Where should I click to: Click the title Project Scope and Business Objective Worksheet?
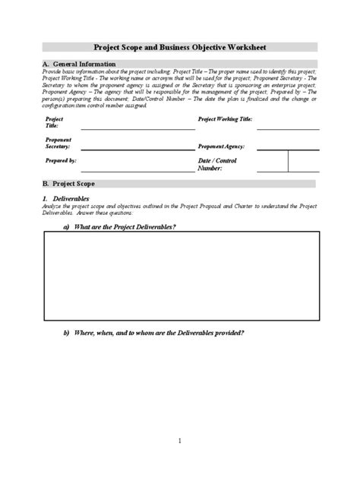[x=179, y=46]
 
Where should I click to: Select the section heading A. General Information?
[x=80, y=65]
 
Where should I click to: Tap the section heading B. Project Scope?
[x=72, y=184]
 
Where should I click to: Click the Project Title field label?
[x=55, y=122]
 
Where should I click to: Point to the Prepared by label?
[x=61, y=161]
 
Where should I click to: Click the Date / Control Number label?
[x=217, y=165]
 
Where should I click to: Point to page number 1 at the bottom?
[x=179, y=441]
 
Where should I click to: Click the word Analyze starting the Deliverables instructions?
[x=54, y=207]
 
